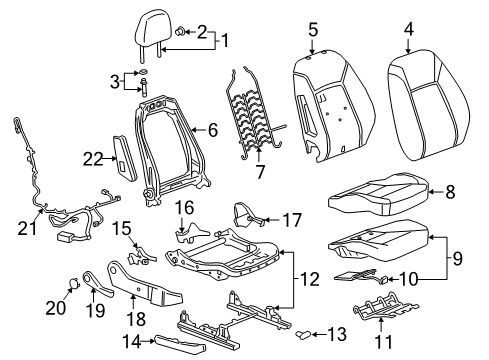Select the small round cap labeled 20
(x=73, y=290)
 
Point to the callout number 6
(x=212, y=129)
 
